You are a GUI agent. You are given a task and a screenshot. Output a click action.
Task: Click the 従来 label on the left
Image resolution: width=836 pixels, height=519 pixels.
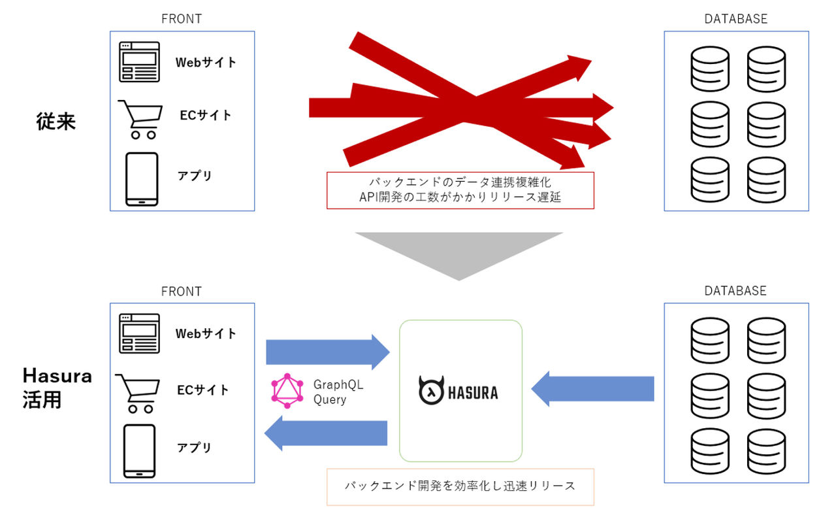(x=56, y=122)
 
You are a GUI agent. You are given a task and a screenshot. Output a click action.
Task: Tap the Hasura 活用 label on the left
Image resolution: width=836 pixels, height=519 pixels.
(x=57, y=388)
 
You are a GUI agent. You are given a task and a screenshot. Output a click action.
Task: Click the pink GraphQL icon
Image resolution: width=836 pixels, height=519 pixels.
(x=287, y=392)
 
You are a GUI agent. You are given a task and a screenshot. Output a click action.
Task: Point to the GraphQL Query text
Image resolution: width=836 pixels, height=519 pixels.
(x=338, y=392)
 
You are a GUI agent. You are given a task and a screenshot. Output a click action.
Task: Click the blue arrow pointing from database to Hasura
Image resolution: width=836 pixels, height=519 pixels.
(x=592, y=389)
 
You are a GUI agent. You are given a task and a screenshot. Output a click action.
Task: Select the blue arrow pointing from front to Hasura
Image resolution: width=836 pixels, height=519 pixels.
(x=327, y=352)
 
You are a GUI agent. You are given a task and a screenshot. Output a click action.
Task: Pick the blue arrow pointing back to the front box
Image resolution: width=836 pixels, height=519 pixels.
(x=326, y=433)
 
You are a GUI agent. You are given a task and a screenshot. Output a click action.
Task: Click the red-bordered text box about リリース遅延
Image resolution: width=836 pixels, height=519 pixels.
(x=460, y=190)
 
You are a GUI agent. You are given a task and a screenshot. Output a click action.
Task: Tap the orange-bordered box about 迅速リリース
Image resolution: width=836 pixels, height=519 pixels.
(x=460, y=486)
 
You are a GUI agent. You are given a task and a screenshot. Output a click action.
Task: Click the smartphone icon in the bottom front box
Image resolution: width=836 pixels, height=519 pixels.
(x=139, y=451)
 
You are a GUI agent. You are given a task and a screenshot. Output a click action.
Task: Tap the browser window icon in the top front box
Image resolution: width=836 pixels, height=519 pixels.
(x=139, y=62)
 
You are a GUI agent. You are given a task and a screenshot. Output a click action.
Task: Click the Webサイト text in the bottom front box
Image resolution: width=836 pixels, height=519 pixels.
(x=206, y=333)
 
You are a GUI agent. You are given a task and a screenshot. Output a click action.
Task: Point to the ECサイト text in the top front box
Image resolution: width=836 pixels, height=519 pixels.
(x=205, y=115)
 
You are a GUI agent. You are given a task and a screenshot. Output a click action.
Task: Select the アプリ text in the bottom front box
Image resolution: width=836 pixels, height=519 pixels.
(x=195, y=448)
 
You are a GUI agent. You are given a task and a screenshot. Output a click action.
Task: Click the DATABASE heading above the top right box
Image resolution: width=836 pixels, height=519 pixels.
(x=735, y=19)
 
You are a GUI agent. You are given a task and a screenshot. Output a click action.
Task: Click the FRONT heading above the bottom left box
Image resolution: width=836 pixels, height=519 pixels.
(x=181, y=291)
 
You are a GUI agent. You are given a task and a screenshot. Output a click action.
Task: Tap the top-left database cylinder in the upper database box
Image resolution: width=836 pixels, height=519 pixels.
(x=709, y=68)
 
